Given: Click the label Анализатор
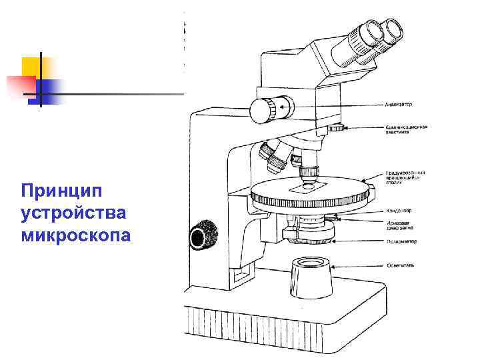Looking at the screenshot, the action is pos(399,105).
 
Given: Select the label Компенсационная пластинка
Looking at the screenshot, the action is pos(406,129).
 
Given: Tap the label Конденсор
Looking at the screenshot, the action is pos(399,208).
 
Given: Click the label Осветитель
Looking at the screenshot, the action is pos(400,265).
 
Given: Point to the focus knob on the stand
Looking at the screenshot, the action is pos(201,237).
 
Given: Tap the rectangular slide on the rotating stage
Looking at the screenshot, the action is pos(307,188).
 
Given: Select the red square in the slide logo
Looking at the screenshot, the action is pos(20,85).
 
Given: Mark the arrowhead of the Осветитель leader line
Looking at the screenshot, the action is pos(333,265).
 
